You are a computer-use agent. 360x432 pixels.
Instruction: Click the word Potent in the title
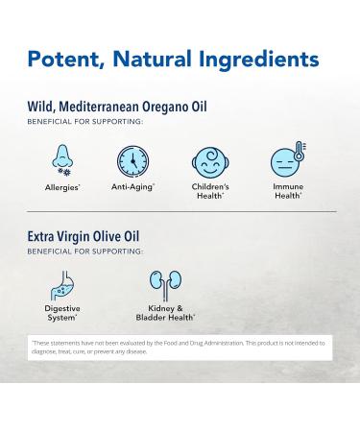[66, 60]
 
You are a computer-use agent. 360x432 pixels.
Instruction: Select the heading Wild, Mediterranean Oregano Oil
[117, 107]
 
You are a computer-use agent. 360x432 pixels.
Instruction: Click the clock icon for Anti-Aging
[132, 159]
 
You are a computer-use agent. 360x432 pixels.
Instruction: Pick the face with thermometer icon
[285, 159]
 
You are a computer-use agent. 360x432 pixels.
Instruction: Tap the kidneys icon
[164, 284]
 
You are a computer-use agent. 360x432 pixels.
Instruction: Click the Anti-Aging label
[132, 187]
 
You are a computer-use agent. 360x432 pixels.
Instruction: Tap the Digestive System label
[62, 313]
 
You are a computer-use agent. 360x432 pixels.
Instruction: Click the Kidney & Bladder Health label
[164, 313]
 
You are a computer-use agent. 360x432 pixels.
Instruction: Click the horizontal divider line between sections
[180, 211]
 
